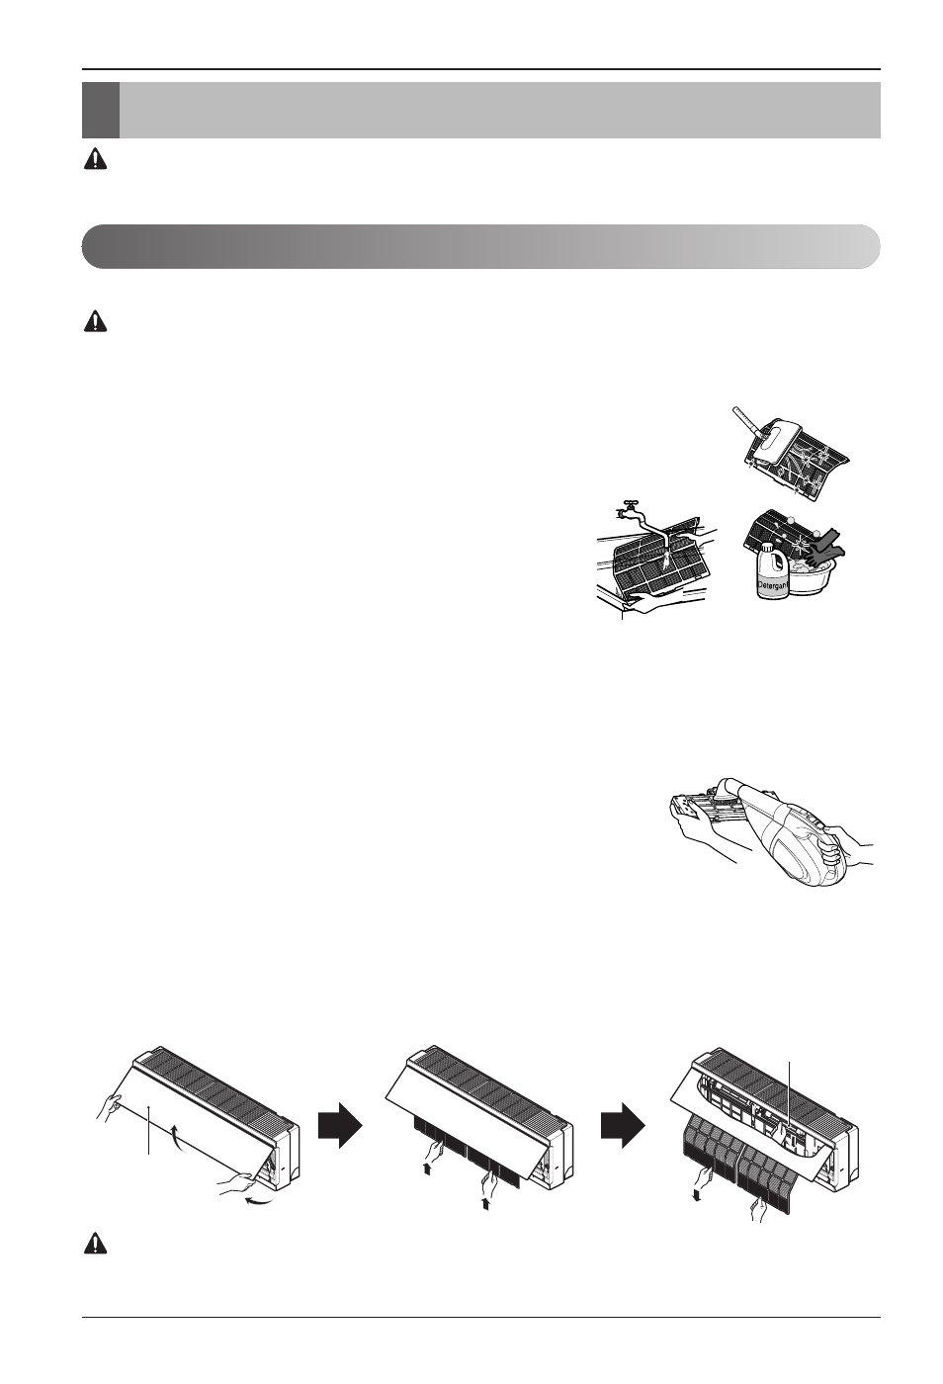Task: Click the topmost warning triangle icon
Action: click(x=95, y=159)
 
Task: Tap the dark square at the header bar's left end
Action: click(x=100, y=110)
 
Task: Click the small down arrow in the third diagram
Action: click(x=697, y=1196)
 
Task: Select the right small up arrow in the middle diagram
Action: click(x=485, y=1203)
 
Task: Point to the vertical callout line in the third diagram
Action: click(x=791, y=1093)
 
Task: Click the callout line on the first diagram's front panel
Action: click(x=149, y=1130)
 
